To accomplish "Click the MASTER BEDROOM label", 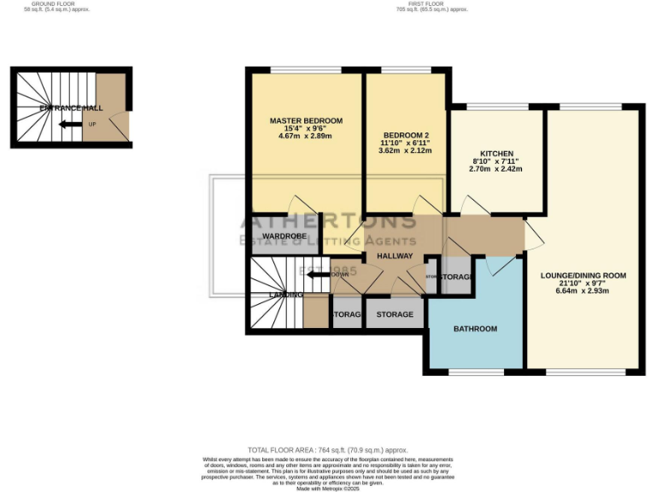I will point(306,120).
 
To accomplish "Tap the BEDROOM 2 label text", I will point(405,135).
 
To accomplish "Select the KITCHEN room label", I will point(495,154).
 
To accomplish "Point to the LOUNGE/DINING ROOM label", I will point(583,276).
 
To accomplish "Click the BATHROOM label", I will point(475,329).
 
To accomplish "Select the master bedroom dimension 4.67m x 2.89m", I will point(306,136).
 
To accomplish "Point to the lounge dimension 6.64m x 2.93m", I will point(583,290).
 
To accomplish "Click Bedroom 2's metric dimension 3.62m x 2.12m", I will point(405,150).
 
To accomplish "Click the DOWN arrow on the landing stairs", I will point(325,274).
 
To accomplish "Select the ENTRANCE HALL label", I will point(71,108).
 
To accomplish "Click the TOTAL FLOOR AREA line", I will point(327,449).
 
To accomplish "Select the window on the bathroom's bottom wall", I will point(475,372).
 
